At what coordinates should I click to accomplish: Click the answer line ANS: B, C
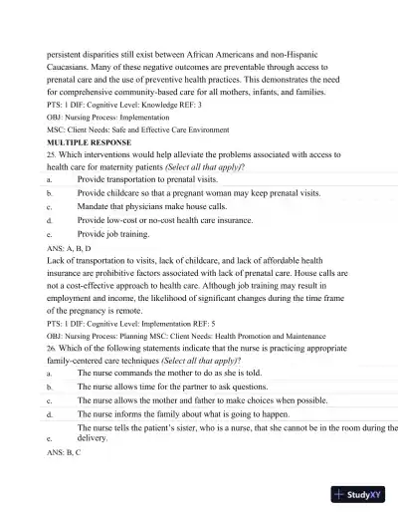pyautogui.click(x=64, y=451)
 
